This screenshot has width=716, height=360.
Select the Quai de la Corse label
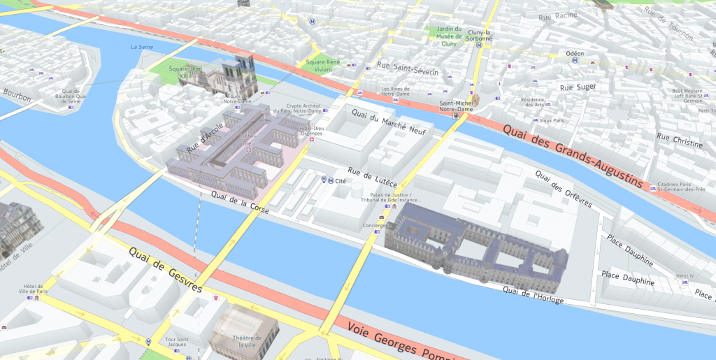coord(240,203)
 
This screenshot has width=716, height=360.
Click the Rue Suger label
coord(578,87)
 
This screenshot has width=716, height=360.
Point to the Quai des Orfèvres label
coord(563,188)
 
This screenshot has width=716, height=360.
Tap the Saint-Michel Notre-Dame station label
coord(455,106)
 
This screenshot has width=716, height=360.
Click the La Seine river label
coord(142,47)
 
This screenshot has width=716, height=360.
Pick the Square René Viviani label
coord(322,66)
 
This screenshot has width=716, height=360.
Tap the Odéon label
coord(575,53)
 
